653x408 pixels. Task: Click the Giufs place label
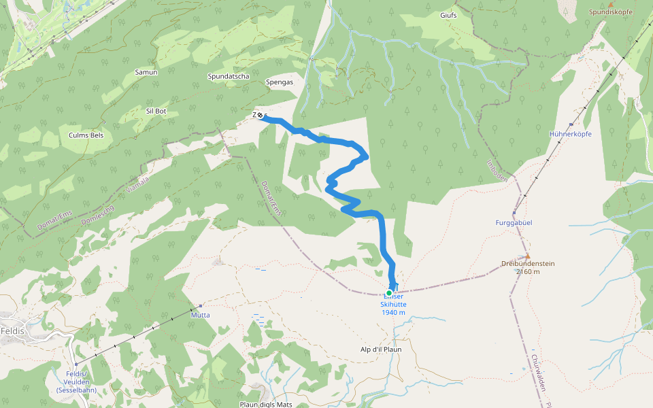pos(448,15)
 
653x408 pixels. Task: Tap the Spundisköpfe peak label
pos(609,12)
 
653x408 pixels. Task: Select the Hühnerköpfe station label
pos(570,134)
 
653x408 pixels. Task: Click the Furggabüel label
pos(514,222)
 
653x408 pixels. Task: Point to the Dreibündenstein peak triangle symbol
pos(527,256)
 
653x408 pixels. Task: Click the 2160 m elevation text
pos(527,271)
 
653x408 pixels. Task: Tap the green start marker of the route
pos(388,293)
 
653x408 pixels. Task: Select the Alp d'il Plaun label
pos(381,350)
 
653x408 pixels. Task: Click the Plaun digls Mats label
pos(265,404)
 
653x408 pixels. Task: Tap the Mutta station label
pos(200,315)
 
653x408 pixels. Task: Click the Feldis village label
pos(12,330)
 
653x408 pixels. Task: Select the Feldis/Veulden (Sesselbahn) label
pos(76,382)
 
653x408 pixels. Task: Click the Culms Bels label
pos(86,135)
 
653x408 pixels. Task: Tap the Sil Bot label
pos(156,111)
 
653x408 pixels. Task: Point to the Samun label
pos(146,72)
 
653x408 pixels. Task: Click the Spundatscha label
pos(228,77)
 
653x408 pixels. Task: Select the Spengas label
pos(280,82)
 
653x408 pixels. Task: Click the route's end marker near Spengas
pos(260,115)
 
